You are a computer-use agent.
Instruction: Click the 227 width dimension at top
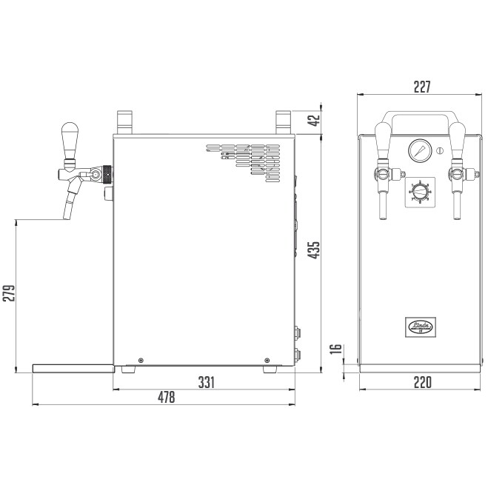tap(421, 86)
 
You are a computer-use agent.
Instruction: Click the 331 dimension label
tap(206, 382)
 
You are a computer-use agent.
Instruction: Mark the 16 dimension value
tap(335, 350)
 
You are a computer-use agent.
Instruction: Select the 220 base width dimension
tap(421, 382)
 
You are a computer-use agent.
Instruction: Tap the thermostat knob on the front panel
tap(420, 191)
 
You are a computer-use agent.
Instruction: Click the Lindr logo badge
tap(420, 325)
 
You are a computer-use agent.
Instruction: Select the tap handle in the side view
tap(70, 141)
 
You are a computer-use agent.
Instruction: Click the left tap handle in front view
tap(383, 140)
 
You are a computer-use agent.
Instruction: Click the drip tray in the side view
tap(73, 367)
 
